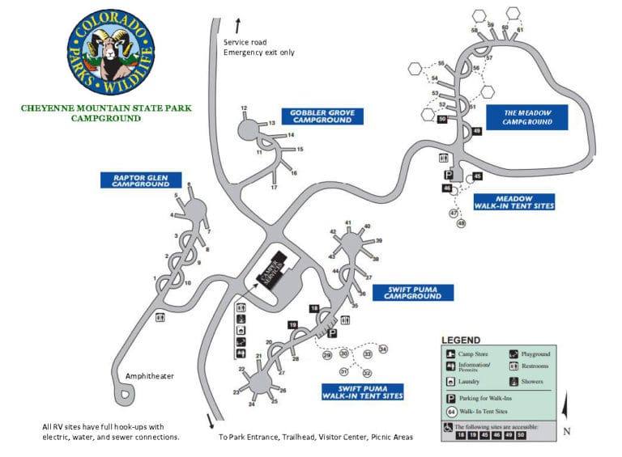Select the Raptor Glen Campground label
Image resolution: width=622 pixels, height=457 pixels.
140,180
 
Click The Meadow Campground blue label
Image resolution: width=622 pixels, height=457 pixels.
527,117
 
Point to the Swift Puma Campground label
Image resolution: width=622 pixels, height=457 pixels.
413,292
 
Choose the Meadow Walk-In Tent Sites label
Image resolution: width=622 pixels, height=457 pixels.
513,202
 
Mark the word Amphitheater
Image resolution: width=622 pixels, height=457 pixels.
150,376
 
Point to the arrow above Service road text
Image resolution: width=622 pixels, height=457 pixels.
236,24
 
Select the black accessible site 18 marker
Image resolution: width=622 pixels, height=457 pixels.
314,308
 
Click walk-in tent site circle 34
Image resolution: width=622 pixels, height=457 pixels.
383,349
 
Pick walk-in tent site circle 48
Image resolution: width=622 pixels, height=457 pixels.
462,223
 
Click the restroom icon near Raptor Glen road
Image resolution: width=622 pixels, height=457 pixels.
160,318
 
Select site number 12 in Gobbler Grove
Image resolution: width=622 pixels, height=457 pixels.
243,108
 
